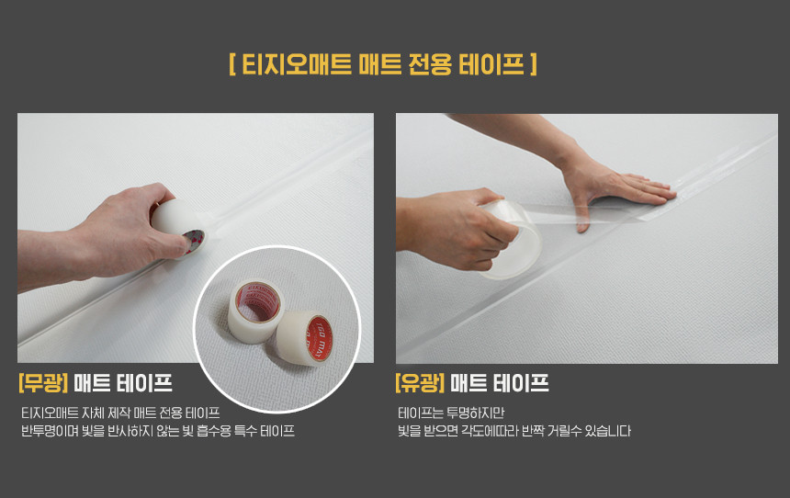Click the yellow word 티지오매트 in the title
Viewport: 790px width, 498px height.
tap(297, 64)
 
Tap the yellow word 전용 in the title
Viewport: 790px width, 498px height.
tap(430, 64)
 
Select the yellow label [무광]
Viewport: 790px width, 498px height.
tap(43, 383)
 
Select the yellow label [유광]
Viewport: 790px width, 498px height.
tap(420, 383)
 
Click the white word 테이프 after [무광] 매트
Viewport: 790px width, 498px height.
tap(144, 383)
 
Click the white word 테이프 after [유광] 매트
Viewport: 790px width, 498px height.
tap(521, 383)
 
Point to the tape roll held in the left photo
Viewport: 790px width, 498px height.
tap(178, 227)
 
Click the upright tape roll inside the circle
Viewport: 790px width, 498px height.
tap(255, 311)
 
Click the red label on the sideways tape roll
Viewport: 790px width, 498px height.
tap(319, 339)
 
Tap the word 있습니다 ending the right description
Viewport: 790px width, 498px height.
tap(607, 431)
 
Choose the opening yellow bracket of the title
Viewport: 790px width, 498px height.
tap(232, 64)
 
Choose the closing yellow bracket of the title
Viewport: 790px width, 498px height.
tap(534, 64)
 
